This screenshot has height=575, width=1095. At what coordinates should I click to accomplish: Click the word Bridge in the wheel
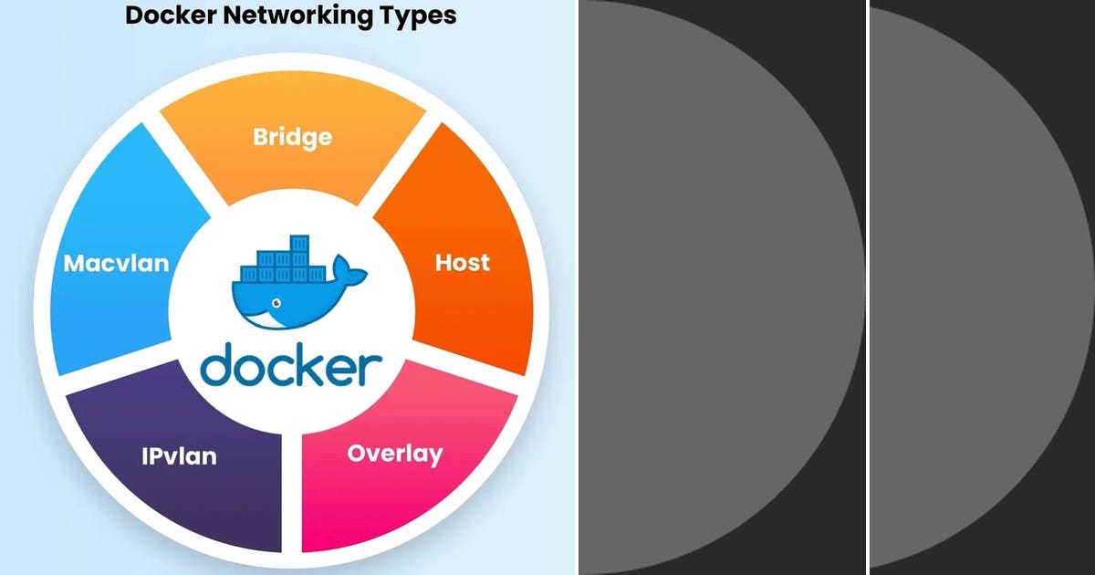(x=292, y=138)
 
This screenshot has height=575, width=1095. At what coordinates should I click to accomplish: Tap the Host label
(x=462, y=263)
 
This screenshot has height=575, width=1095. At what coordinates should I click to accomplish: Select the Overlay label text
(x=394, y=454)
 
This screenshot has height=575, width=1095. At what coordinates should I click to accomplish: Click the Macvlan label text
(x=116, y=264)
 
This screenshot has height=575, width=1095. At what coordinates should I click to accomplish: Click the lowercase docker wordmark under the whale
(x=291, y=365)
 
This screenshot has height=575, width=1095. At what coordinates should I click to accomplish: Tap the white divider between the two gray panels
(x=867, y=287)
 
